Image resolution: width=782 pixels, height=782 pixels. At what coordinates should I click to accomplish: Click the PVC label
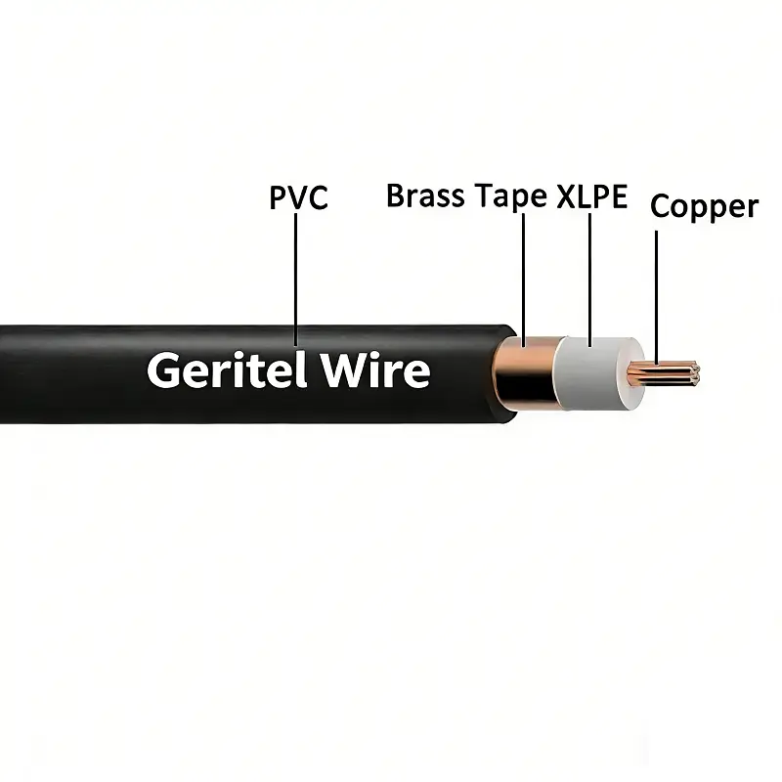pos(298,198)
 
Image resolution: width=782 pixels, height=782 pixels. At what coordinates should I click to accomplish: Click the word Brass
pos(427,195)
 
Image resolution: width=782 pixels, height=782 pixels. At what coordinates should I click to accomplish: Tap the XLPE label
pos(591,195)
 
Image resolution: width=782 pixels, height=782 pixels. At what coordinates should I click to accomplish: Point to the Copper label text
pos(704,207)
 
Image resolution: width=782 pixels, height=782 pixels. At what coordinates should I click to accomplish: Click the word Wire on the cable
pos(375,370)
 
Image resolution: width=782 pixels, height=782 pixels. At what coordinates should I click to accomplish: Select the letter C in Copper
pos(661,207)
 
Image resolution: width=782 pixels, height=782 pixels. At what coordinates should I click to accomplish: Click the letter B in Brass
pos(396,195)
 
